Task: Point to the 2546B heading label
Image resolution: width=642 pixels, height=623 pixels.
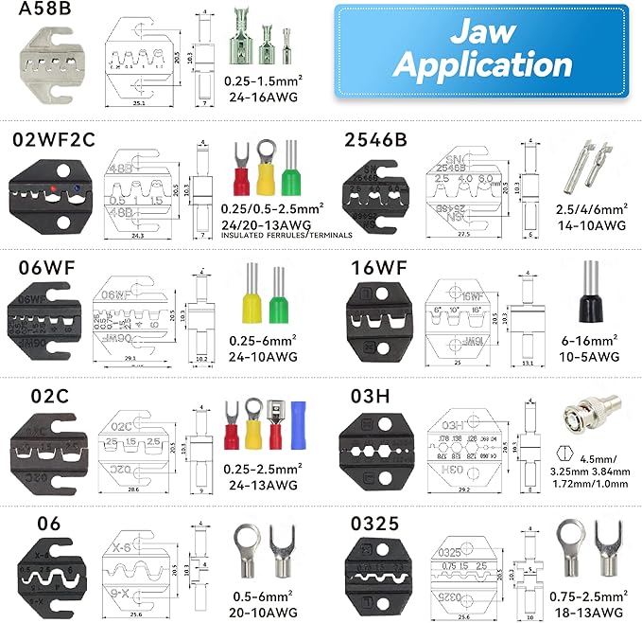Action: tap(374, 139)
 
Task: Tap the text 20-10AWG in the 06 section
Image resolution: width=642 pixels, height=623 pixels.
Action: tap(264, 613)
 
